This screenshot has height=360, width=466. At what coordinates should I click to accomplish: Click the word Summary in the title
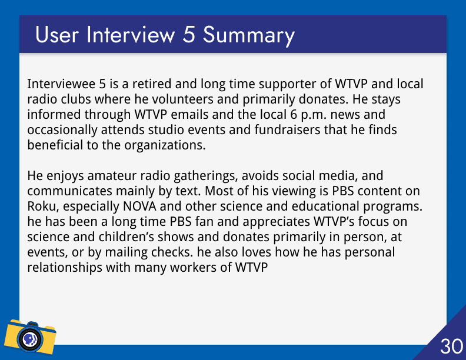(249, 35)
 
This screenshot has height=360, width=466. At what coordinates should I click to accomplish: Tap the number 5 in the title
(189, 35)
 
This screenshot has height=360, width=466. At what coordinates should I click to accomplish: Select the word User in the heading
(57, 35)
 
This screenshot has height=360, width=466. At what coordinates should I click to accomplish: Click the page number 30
(451, 346)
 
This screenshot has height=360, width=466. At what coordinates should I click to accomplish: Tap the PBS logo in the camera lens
(30, 339)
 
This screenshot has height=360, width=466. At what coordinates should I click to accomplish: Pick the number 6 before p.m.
(294, 115)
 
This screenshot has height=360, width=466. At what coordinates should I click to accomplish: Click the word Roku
(43, 206)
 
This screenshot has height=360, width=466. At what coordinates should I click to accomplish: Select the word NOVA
(139, 206)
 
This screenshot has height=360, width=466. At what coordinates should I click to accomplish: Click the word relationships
(65, 268)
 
